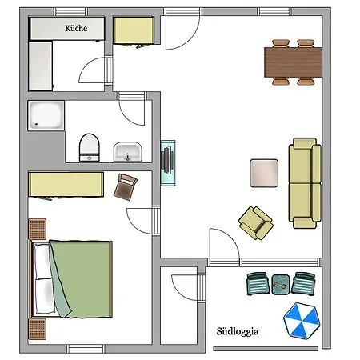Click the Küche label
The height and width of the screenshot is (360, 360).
pos(78,28)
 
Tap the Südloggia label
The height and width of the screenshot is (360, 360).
pos(237,330)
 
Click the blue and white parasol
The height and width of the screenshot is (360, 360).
pos(302,321)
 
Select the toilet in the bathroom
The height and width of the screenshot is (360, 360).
pos(90,146)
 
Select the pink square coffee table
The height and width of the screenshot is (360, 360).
pos(264,173)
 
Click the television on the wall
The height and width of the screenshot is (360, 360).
pos(167,162)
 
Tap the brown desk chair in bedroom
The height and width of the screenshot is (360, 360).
pos(126,188)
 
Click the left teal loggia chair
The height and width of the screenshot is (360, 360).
pos(258,283)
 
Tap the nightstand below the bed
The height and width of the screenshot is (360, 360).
pos(37,329)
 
